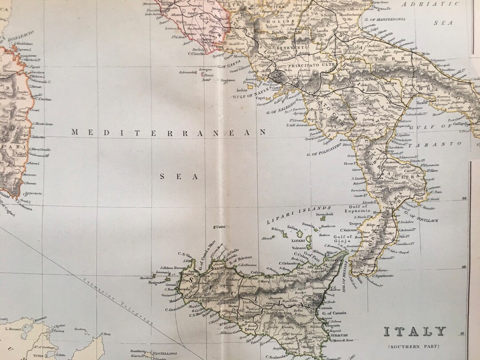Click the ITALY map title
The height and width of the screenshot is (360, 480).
pos(414,332)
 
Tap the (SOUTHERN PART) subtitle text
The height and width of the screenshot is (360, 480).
pos(414,346)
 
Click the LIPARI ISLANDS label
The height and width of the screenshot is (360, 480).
pos(298,215)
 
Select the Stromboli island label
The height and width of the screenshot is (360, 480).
pos(324,214)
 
